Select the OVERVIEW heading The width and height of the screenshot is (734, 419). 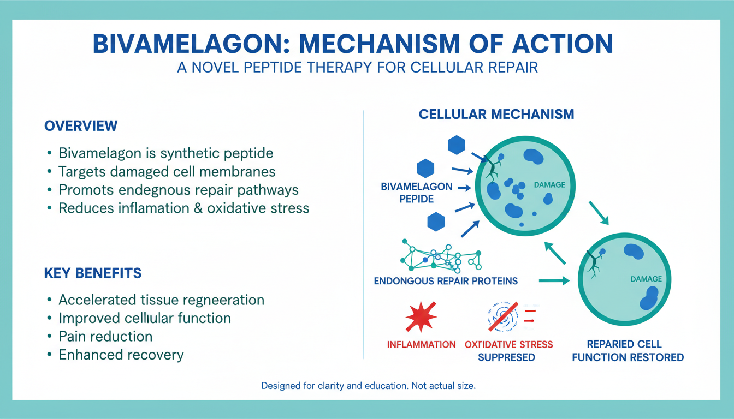[x=81, y=125]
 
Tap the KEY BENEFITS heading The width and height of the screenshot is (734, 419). [x=93, y=273]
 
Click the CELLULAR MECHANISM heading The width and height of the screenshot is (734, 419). [x=496, y=114]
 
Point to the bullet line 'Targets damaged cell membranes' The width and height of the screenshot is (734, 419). [x=167, y=172]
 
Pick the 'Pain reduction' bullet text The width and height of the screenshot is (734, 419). [x=105, y=336]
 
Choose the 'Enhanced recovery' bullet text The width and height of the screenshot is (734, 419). [x=121, y=355]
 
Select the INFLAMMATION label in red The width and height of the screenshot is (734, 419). [x=421, y=345]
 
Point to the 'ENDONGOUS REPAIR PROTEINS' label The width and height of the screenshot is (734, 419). [x=446, y=282]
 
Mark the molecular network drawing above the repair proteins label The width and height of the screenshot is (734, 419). [x=441, y=256]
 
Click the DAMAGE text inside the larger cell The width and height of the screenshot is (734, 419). [x=549, y=185]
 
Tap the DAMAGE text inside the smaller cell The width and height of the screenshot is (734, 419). [x=646, y=279]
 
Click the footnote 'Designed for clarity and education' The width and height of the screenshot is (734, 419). [x=369, y=386]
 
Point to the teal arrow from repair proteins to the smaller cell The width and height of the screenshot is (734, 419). [x=554, y=281]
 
